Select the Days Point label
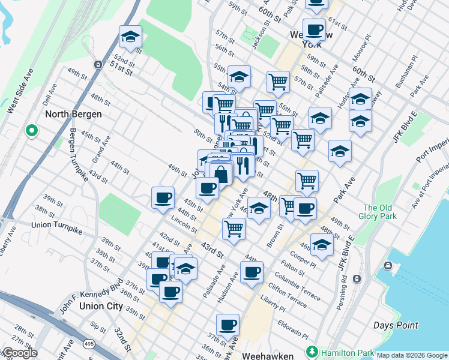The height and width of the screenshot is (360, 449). click(x=395, y=325)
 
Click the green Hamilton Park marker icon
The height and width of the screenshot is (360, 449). click(x=311, y=351)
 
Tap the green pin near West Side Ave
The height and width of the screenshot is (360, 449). click(x=31, y=130)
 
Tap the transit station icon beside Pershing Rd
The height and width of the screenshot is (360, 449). click(x=357, y=278)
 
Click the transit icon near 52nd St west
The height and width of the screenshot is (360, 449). click(x=97, y=64)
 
